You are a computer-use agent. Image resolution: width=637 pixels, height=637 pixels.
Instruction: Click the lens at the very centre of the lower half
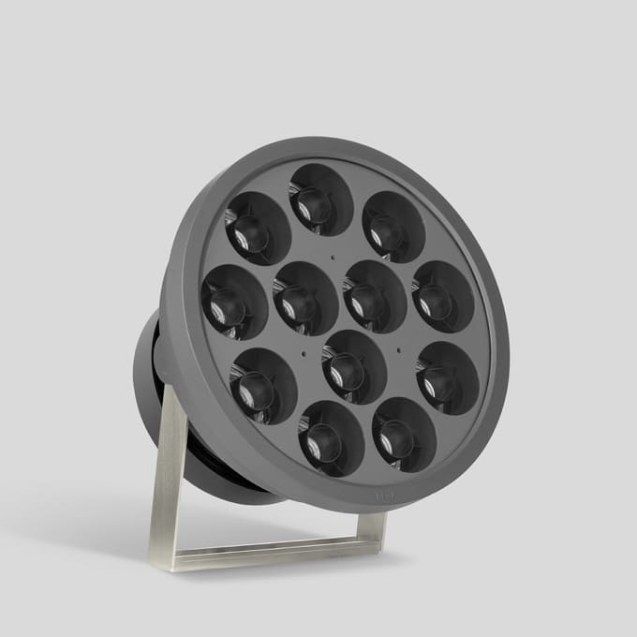pos(354,366)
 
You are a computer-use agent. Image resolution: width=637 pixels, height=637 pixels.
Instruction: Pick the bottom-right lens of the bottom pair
pos(404,434)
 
